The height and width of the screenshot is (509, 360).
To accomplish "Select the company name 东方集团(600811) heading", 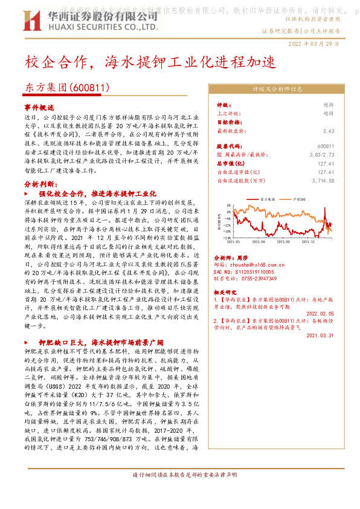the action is click(67, 88).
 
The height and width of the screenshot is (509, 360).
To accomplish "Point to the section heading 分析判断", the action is click(40, 183).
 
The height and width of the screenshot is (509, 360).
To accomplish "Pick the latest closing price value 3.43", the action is click(328, 130).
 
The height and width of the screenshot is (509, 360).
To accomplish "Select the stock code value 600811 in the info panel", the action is click(325, 146).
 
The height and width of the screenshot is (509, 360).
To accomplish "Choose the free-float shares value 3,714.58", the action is click(321, 180).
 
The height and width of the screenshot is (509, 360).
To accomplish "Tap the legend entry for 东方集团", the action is click(262, 198).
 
